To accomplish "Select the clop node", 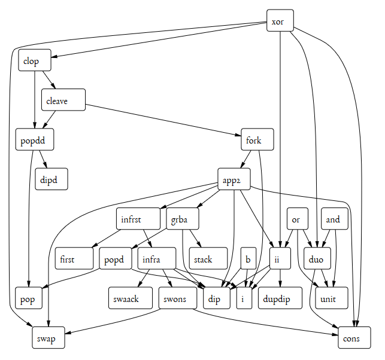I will coord(34,60).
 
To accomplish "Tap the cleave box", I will coord(63,100).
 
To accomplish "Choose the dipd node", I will coord(51,179).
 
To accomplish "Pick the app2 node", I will coord(234,179).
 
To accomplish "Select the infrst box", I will coord(138,219).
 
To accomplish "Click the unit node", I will coord(332,298).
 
